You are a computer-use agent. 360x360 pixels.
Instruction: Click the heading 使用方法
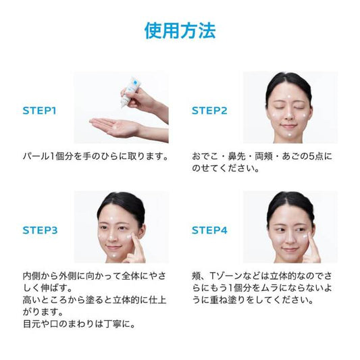coord(180,30)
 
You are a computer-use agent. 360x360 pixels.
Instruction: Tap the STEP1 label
coord(39,111)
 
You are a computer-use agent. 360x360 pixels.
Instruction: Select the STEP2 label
coord(209,111)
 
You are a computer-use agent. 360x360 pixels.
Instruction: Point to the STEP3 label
coord(40,230)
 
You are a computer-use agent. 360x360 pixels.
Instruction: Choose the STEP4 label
coord(209,230)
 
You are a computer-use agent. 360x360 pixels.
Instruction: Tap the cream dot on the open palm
coord(115,127)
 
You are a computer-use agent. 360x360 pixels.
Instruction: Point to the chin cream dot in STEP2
coord(289,135)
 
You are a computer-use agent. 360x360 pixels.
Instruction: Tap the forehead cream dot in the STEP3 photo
coord(112,218)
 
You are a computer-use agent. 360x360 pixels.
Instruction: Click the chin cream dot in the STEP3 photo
coord(115,255)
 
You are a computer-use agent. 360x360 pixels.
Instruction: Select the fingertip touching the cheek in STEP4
coord(309,235)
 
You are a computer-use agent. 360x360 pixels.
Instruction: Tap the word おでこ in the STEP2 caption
coord(205,156)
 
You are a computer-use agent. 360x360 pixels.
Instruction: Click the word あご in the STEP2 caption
coord(290,156)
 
